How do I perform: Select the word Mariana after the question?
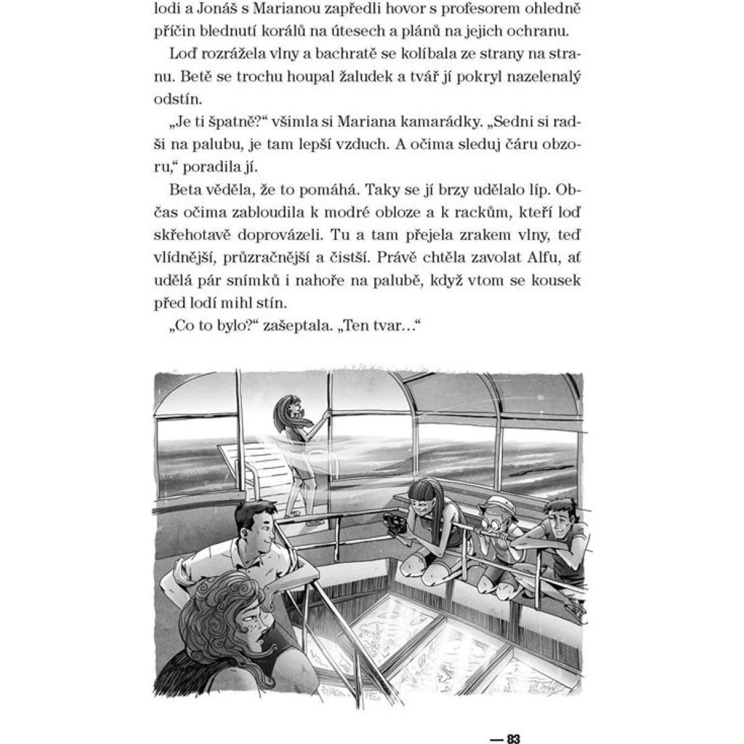[366, 122]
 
